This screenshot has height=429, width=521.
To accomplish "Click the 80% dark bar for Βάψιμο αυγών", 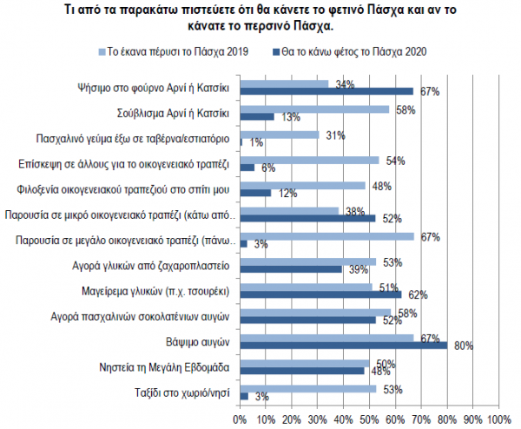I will [343, 346].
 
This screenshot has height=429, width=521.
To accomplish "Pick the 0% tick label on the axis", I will [241, 419].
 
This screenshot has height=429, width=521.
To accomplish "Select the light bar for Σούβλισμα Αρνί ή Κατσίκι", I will [314, 109].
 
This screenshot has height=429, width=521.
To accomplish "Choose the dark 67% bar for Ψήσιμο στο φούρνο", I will [326, 91].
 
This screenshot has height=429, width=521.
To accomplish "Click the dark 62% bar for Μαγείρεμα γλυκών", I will [320, 294].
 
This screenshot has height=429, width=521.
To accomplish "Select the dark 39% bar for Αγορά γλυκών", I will [290, 269].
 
